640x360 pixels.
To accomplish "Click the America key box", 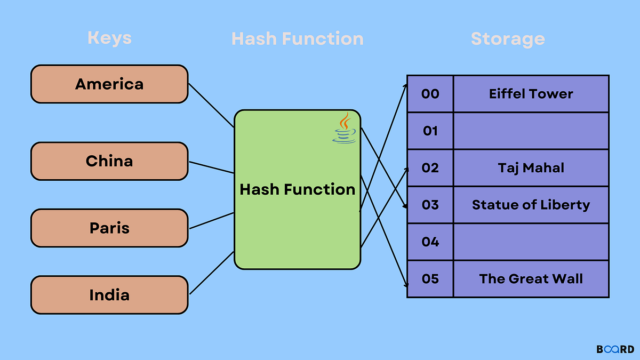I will pyautogui.click(x=109, y=84).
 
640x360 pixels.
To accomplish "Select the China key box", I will pyautogui.click(x=109, y=161).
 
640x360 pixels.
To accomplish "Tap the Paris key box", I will pyautogui.click(x=109, y=228).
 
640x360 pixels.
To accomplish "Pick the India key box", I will pyautogui.click(x=109, y=294).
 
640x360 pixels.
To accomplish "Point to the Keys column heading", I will pyautogui.click(x=109, y=38).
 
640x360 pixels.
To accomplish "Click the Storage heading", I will pyautogui.click(x=508, y=38).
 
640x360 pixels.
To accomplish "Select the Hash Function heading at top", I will pyautogui.click(x=297, y=38).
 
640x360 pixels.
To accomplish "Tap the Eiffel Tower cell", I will pyautogui.click(x=531, y=94).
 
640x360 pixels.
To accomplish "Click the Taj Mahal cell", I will pyautogui.click(x=531, y=168).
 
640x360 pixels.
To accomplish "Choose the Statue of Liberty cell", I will pyautogui.click(x=531, y=205).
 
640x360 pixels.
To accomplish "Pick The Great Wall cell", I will pyautogui.click(x=531, y=278).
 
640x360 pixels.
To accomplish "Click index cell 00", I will pyautogui.click(x=430, y=94).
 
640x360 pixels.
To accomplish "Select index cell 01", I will pyautogui.click(x=430, y=131).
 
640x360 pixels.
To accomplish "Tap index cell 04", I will pyautogui.click(x=430, y=242).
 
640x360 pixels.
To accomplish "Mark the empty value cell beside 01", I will pyautogui.click(x=531, y=131).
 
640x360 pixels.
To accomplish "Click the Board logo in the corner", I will pyautogui.click(x=615, y=349).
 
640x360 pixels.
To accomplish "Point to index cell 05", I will pyautogui.click(x=430, y=278).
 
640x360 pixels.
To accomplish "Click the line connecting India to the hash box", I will pyautogui.click(x=212, y=273).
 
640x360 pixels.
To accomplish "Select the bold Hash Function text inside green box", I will pyautogui.click(x=297, y=189).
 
